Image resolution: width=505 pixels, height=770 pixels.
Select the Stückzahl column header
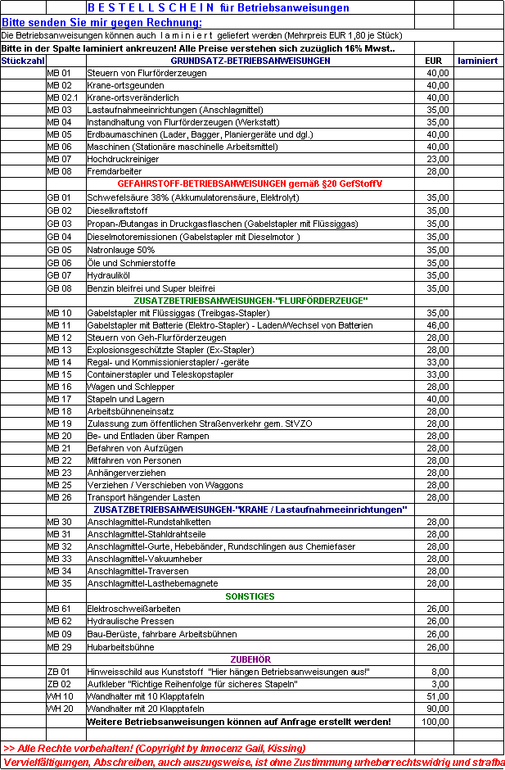pyautogui.click(x=23, y=61)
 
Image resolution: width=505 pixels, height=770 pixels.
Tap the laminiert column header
pyautogui.click(x=477, y=61)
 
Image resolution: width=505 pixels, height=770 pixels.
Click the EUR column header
pyautogui.click(x=434, y=61)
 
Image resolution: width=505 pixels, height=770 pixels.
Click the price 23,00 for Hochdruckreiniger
pyautogui.click(x=438, y=159)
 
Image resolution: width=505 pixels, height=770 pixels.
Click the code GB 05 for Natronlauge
pyautogui.click(x=60, y=250)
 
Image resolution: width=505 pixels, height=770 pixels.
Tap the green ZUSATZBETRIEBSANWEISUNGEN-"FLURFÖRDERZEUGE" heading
pyautogui.click(x=250, y=300)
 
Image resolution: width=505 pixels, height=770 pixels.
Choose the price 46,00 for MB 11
pyautogui.click(x=438, y=325)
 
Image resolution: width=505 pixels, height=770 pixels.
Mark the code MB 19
pyautogui.click(x=60, y=423)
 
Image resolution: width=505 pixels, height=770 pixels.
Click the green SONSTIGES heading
pyautogui.click(x=250, y=596)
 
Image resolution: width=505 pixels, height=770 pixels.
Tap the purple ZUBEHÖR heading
pyautogui.click(x=250, y=659)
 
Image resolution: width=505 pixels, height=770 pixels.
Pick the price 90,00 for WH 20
pyautogui.click(x=438, y=709)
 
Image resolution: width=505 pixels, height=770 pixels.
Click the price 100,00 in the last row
pyautogui.click(x=436, y=722)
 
